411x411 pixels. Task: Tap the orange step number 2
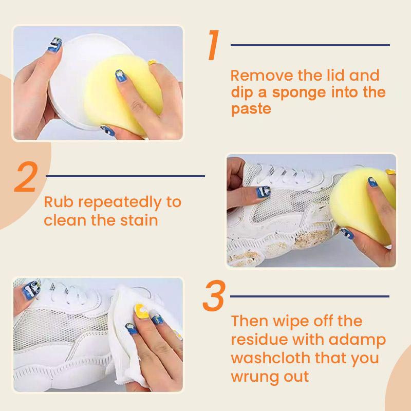coord(26,177)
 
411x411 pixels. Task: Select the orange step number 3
coord(213,296)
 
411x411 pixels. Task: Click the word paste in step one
coord(250,109)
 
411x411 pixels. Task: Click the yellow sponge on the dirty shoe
coord(367,206)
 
